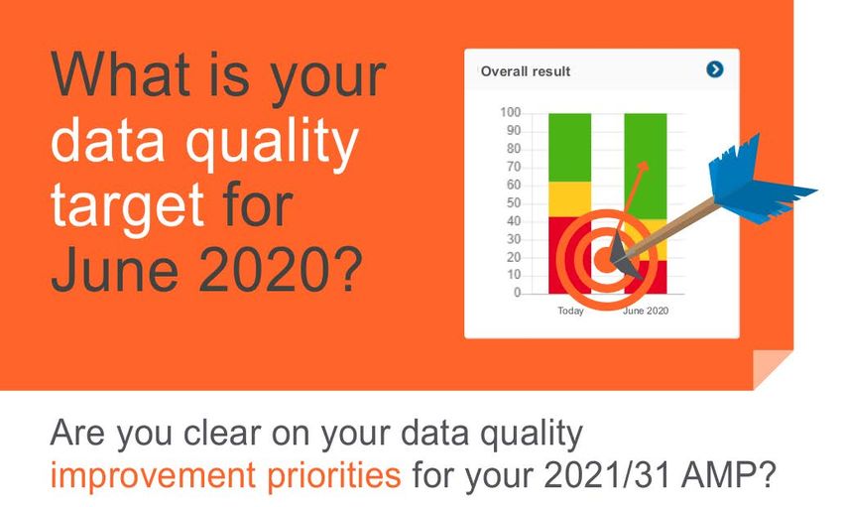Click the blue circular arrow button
(x=714, y=69)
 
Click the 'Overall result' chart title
(x=526, y=71)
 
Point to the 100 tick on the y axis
(x=510, y=112)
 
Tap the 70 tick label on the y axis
(x=514, y=167)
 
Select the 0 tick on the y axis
(x=517, y=293)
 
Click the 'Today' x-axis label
(x=570, y=311)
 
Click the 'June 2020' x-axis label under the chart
(x=646, y=311)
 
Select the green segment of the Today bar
(x=569, y=147)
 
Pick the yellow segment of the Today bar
(x=569, y=199)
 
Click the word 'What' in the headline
(x=120, y=73)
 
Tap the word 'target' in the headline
(x=127, y=204)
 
